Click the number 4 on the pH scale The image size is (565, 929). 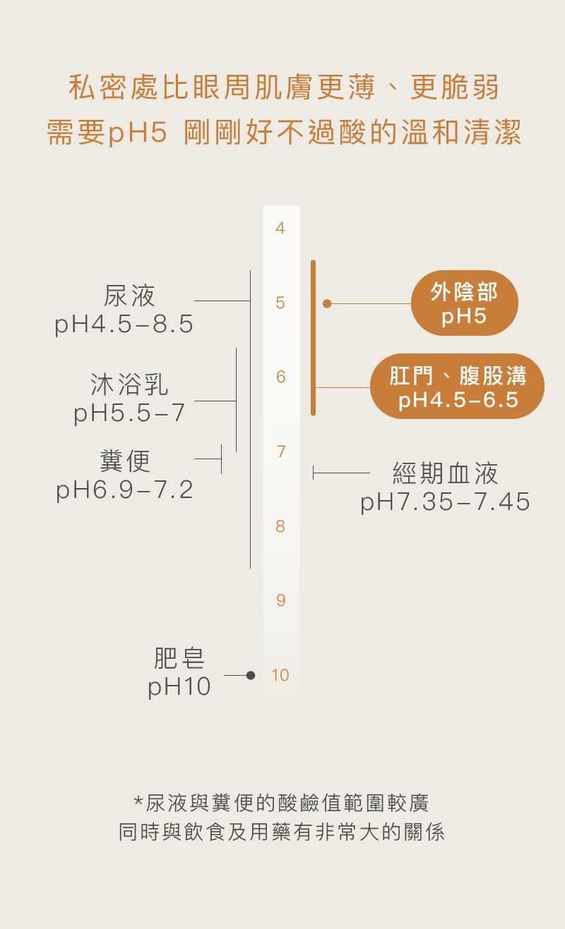coord(280,229)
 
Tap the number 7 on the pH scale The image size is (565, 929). coord(280,451)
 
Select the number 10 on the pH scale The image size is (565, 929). coord(280,675)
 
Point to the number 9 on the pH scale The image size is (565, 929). coord(280,601)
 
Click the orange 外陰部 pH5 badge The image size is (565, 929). coord(464,303)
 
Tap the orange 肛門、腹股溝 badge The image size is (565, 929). coord(457,387)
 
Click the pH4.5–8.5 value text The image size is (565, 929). coord(124,324)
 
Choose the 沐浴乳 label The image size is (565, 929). coord(129,384)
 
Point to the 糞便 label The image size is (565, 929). coord(125,461)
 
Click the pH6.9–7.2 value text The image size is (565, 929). coord(125,490)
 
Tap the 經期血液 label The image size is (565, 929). coord(445,473)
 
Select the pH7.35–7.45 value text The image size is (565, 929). coord(445,502)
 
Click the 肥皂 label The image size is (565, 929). coord(179,658)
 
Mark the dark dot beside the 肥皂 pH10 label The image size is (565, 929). coord(250,675)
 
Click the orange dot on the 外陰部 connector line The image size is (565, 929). coord(327,303)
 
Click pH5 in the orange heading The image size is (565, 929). coord(137,133)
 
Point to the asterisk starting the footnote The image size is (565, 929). coord(138,802)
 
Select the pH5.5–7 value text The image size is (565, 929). coord(130,413)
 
